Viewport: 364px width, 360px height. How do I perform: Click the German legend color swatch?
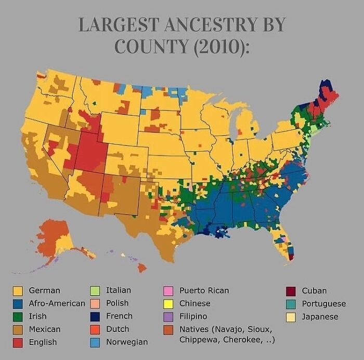(17, 290)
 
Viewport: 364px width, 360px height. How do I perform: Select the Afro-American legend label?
(57, 303)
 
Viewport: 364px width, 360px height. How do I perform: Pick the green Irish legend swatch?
(17, 316)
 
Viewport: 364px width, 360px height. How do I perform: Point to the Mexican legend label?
(45, 329)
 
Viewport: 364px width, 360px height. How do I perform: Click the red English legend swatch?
(17, 342)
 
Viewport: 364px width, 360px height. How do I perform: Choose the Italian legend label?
(119, 290)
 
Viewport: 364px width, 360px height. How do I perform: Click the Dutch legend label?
(118, 329)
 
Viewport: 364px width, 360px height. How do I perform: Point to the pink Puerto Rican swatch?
(168, 290)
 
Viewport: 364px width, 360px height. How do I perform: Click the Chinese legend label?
(195, 303)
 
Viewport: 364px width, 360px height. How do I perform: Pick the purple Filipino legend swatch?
(168, 316)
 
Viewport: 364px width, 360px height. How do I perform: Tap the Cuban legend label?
(314, 290)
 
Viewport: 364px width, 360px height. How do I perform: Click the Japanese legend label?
(320, 316)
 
